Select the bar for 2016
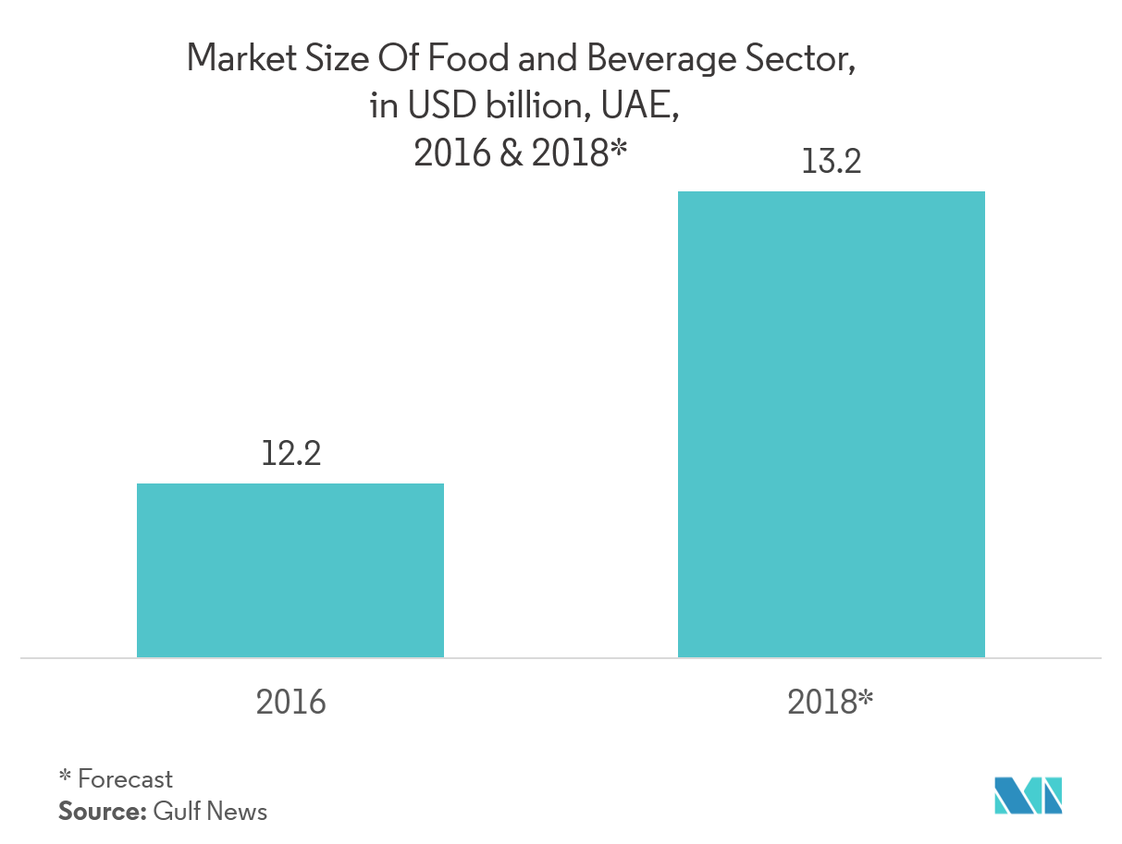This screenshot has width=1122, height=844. point(290,569)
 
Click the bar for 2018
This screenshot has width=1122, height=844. point(831,424)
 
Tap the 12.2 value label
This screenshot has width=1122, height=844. point(291,454)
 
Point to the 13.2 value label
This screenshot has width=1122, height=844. point(831,163)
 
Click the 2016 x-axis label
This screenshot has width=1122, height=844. point(291,703)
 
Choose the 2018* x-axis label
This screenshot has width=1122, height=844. point(830,703)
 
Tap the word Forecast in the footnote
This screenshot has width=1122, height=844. point(126,778)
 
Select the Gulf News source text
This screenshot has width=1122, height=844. point(210,812)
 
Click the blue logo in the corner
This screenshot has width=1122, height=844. point(1028,796)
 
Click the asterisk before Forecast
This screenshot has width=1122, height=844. point(65,776)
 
